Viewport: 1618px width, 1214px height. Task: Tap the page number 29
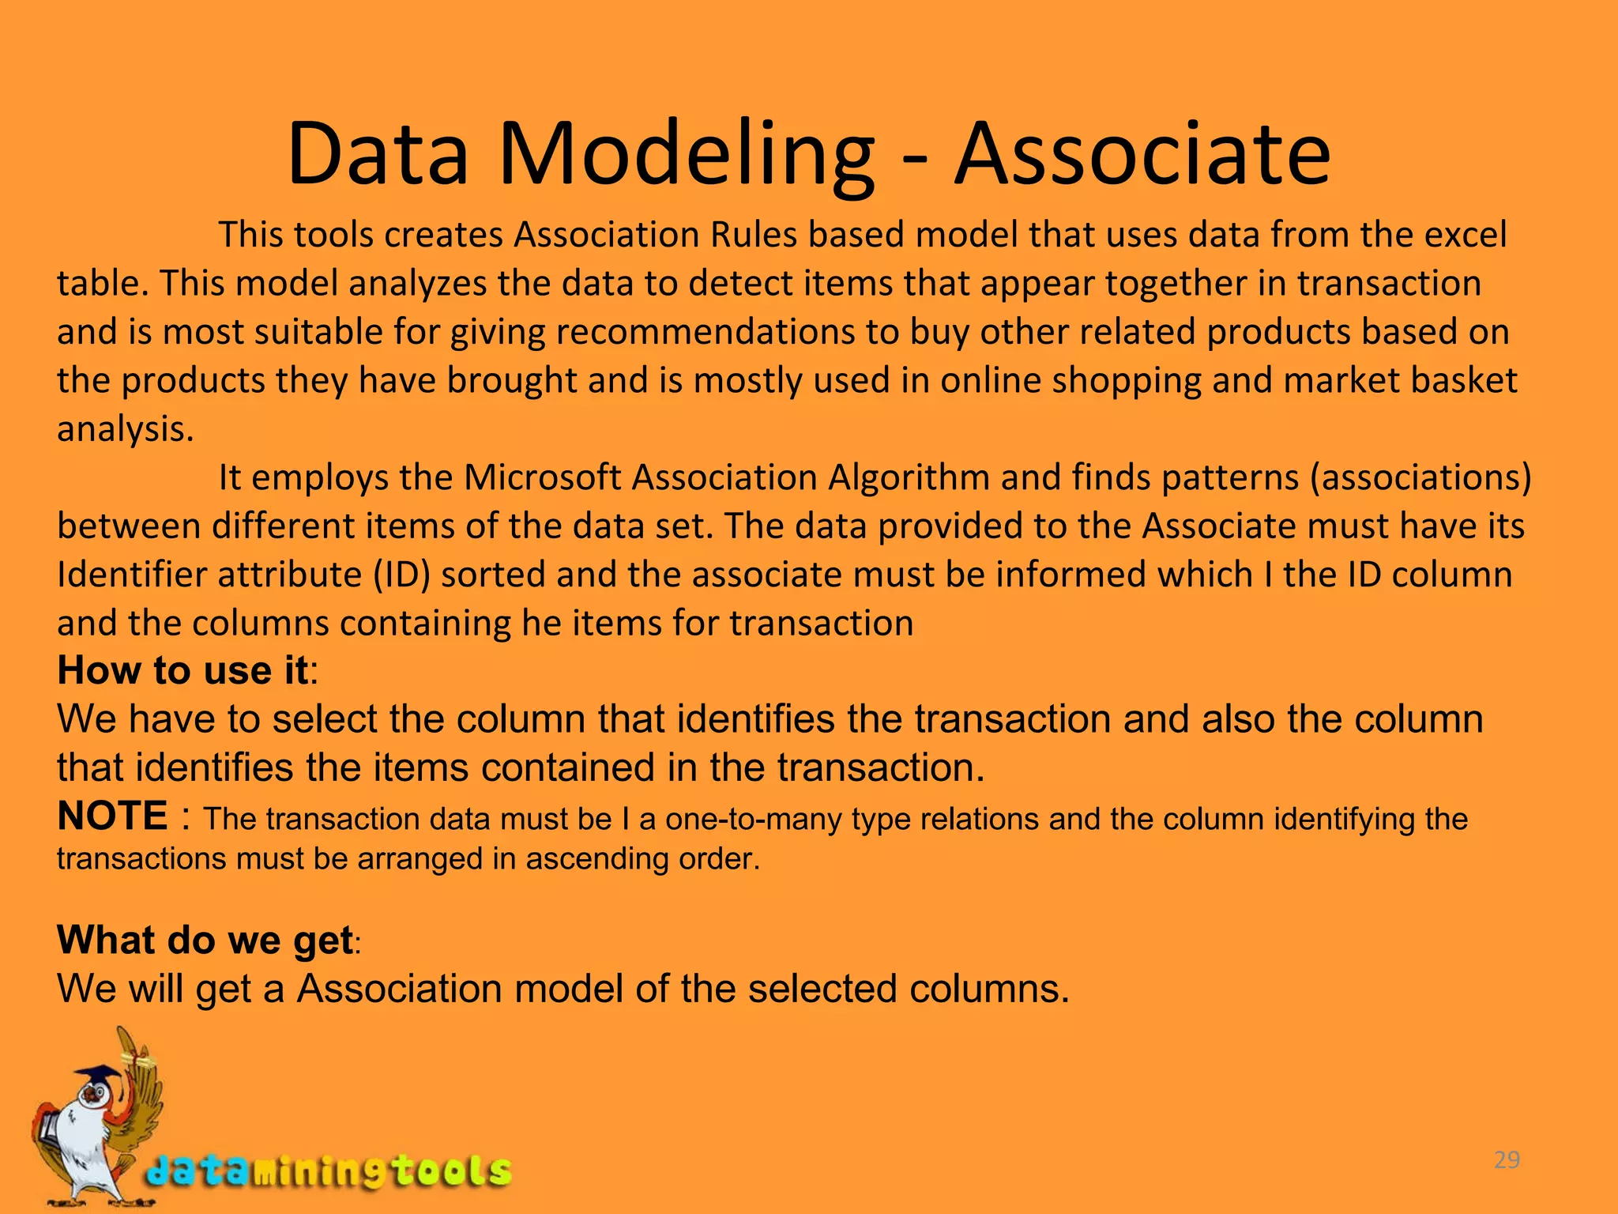pos(1507,1160)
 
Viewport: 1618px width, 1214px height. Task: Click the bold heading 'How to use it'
pos(182,671)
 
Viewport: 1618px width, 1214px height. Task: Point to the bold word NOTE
pos(112,816)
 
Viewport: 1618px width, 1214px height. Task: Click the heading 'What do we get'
pos(205,940)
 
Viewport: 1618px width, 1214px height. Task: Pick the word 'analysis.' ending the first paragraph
pos(125,429)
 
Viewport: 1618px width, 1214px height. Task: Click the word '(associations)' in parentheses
pos(1420,477)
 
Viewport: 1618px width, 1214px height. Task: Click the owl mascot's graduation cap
pos(97,1075)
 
